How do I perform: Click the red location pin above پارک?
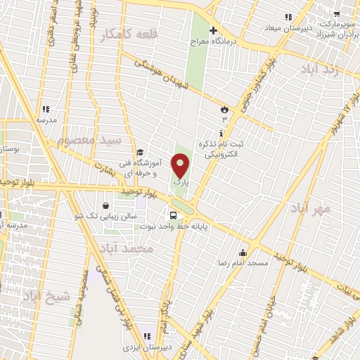coord(180,166)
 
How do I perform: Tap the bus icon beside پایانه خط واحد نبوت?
coord(172,214)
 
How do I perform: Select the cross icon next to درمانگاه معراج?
coord(214,31)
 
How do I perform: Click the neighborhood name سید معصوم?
coord(89,141)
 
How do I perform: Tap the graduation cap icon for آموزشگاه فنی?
coord(140,152)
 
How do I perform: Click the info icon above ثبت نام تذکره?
coord(221,133)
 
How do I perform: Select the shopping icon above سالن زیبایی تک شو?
coord(105,206)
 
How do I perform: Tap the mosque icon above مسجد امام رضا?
coord(243,253)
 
